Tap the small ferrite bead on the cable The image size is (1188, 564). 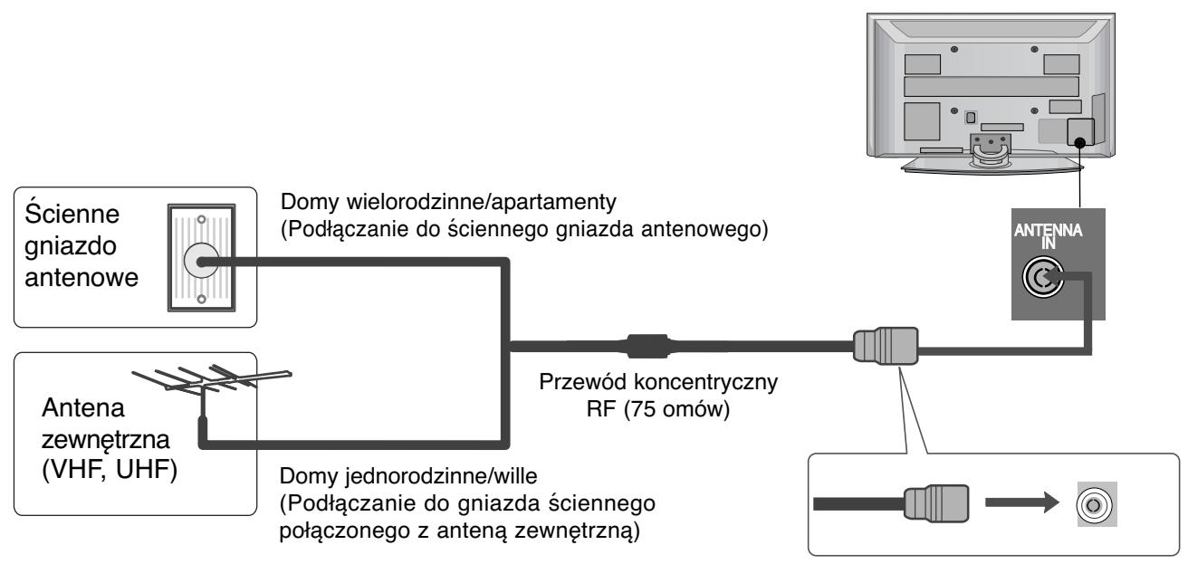pos(647,347)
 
